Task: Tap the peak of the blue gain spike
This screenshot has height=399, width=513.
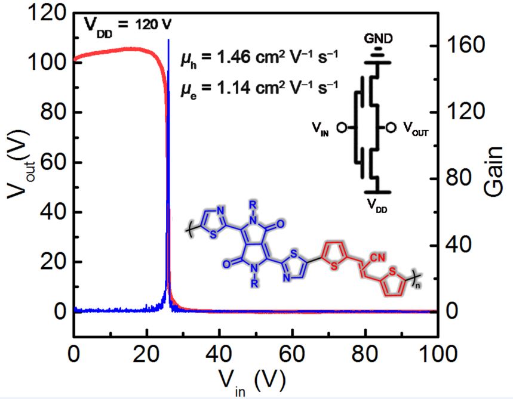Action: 168,41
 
